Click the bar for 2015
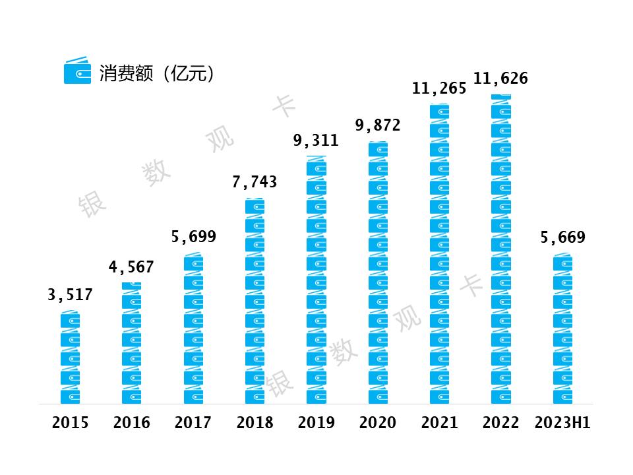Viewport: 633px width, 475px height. [70, 358]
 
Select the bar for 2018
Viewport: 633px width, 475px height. [255, 301]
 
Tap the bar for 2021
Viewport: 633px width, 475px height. [439, 253]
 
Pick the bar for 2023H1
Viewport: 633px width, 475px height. [562, 329]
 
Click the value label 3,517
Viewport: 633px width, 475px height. [70, 295]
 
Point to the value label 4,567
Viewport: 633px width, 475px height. [131, 267]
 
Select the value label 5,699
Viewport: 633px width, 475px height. [193, 237]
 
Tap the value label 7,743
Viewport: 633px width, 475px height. [255, 182]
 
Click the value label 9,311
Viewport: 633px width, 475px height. [316, 140]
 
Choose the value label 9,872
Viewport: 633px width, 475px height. [378, 125]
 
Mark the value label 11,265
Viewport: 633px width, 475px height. [439, 88]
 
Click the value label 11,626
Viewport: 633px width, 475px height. [500, 79]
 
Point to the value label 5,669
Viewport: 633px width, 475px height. [562, 237]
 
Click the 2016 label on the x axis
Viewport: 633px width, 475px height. [131, 423]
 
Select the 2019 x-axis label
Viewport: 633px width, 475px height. [316, 423]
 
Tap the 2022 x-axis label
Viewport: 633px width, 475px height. [500, 423]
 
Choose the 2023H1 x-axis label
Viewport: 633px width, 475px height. [562, 423]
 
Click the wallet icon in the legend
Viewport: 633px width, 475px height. [77, 71]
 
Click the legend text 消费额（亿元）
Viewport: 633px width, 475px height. [157, 73]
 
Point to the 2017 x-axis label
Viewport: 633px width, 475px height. [193, 423]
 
